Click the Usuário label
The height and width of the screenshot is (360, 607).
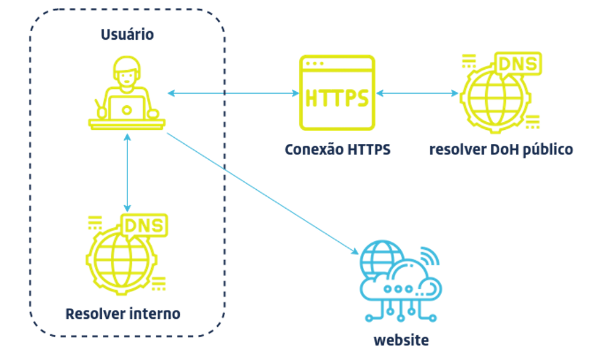127,34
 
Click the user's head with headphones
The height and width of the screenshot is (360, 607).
127,72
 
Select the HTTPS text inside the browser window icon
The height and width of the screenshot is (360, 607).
337,98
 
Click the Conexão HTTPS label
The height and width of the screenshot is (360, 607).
337,149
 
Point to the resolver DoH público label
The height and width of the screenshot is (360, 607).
501,149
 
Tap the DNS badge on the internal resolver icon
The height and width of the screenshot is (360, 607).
144,225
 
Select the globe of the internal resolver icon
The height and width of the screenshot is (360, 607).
121,257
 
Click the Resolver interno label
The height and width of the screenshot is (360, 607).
123,314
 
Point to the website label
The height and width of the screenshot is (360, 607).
401,340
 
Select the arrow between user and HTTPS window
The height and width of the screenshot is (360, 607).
233,93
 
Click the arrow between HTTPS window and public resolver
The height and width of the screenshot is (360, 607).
417,94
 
